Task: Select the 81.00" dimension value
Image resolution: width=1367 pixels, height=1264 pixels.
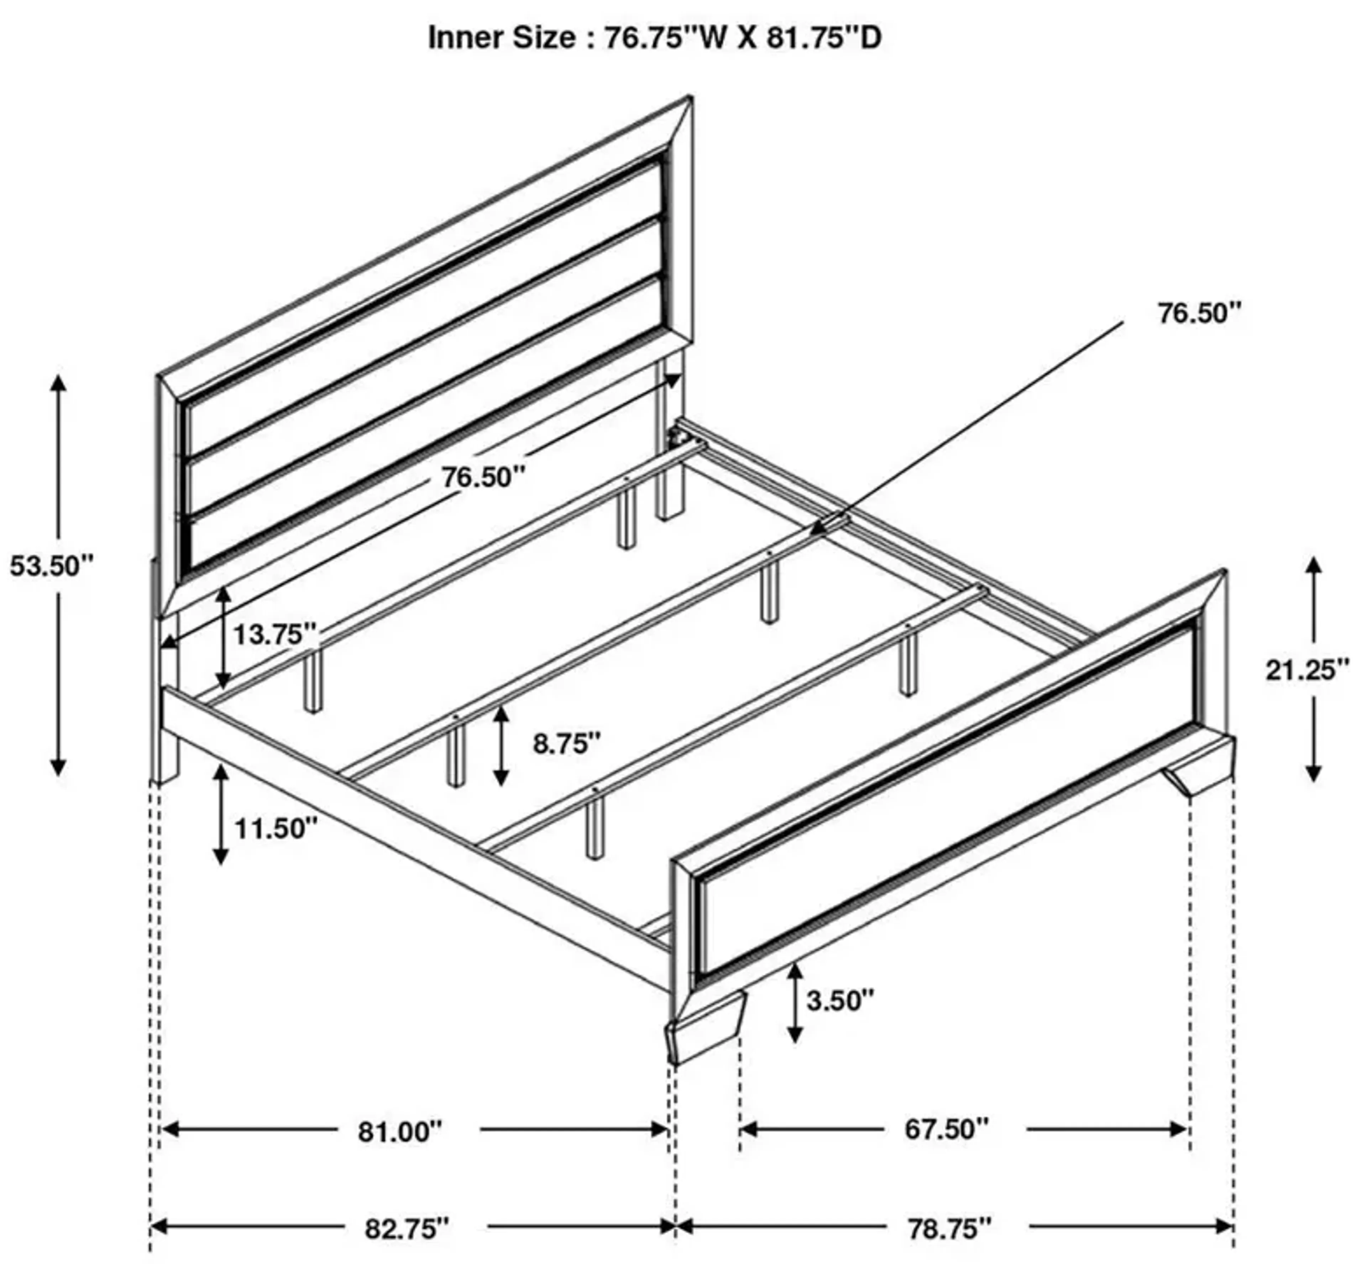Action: (401, 1132)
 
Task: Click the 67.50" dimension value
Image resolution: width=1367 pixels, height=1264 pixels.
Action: (947, 1129)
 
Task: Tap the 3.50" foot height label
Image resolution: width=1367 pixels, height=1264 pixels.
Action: (840, 1001)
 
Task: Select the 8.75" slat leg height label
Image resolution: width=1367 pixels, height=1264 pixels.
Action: (567, 743)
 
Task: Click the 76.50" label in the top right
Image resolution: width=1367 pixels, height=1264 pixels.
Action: (1199, 313)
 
